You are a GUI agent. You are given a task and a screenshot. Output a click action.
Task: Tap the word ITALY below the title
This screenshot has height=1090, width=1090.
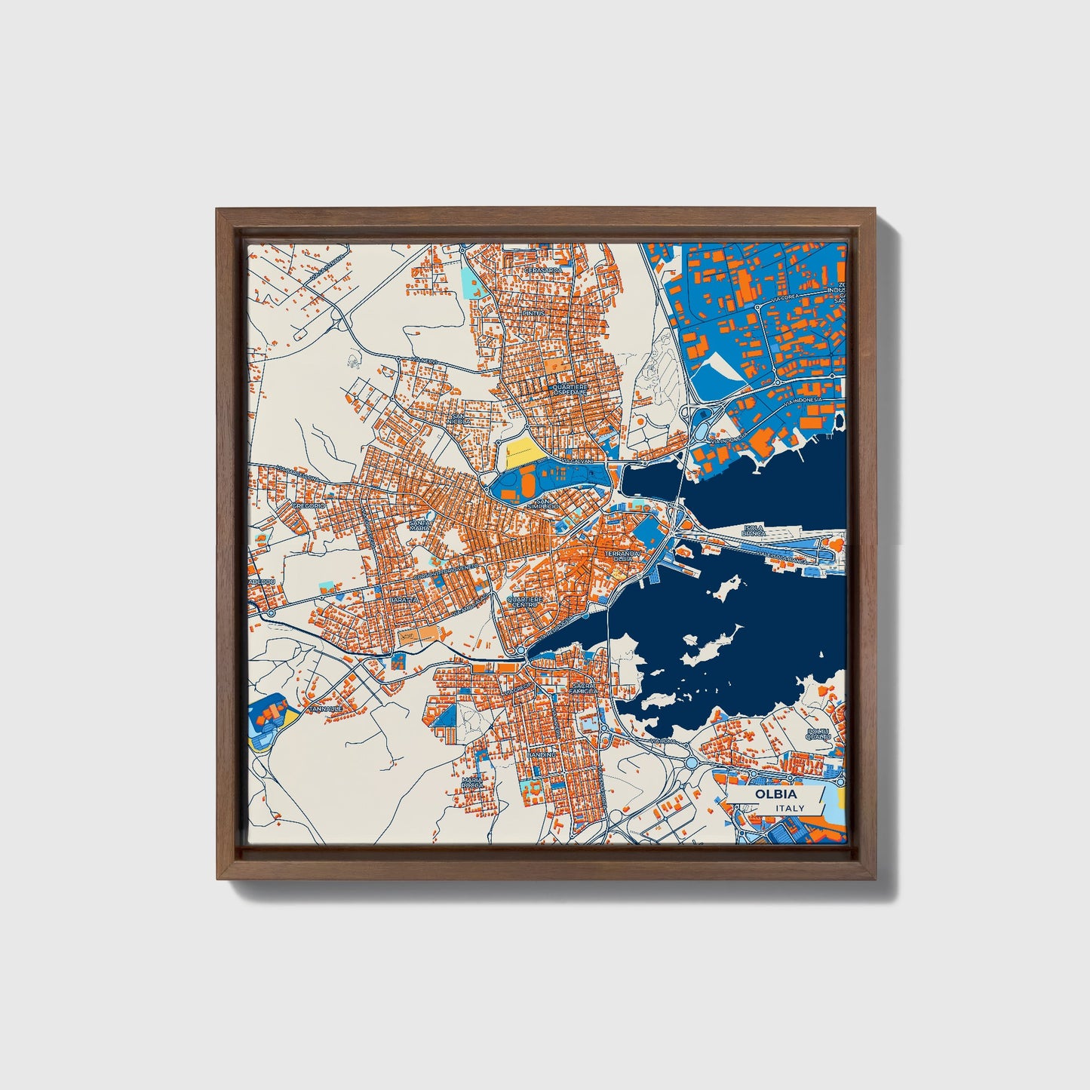(x=790, y=808)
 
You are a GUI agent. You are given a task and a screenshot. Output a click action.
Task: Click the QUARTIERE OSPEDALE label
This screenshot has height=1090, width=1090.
(x=569, y=389)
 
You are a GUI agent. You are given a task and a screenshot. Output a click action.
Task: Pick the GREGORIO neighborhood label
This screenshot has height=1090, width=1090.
(x=308, y=505)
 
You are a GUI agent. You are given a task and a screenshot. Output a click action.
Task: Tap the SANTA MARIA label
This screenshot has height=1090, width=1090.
(x=420, y=525)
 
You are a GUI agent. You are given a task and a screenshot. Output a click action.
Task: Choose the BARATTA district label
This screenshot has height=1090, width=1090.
(x=402, y=599)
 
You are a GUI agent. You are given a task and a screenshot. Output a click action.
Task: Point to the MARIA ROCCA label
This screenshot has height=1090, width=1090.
(x=472, y=782)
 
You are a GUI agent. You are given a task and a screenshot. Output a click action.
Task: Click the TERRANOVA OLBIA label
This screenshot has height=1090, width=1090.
(x=622, y=555)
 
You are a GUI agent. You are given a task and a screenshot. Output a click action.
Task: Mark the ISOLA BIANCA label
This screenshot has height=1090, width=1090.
(x=754, y=530)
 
